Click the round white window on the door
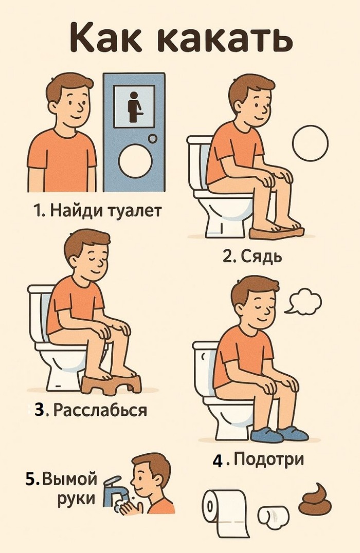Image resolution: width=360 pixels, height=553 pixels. (135, 159)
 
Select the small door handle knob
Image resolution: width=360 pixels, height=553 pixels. (153, 139)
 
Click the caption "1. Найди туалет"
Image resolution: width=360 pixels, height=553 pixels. (98, 211)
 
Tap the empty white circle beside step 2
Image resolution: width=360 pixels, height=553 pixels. (310, 144)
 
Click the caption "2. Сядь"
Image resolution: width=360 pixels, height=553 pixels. (252, 256)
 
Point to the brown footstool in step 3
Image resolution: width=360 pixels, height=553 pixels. (111, 383)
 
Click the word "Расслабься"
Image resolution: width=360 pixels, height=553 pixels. (100, 411)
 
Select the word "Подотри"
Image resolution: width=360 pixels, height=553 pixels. (268, 458)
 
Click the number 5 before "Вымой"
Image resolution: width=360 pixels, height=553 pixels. (30, 479)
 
